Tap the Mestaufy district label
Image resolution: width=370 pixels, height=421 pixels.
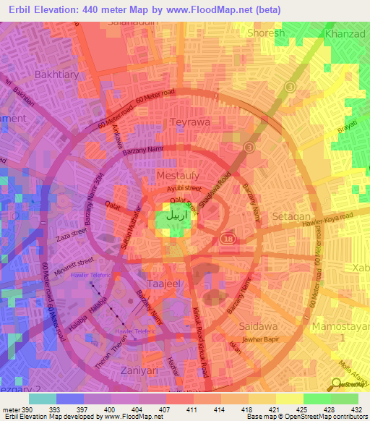pyautogui.click(x=178, y=175)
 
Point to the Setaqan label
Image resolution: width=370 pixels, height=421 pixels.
pyautogui.click(x=291, y=216)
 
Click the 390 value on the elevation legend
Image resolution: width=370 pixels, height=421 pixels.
pyautogui.click(x=25, y=409)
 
